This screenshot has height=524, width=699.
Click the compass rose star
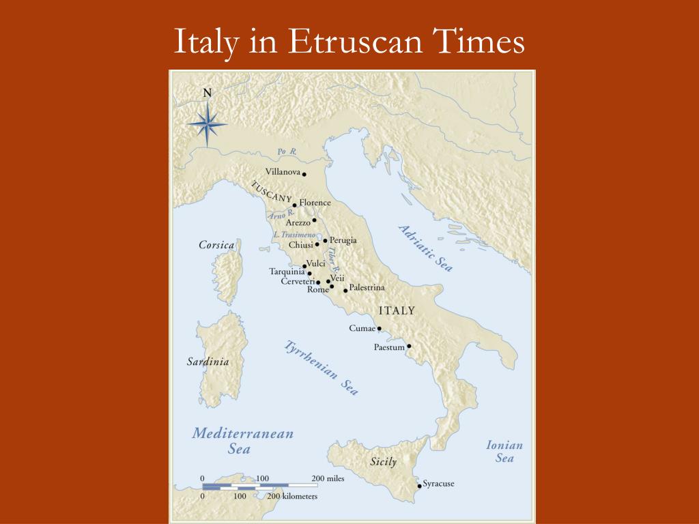point(208,123)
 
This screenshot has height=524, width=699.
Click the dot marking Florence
point(294,205)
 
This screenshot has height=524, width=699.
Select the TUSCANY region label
point(272,192)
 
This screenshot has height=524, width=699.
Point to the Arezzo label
point(298,222)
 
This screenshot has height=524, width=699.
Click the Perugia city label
point(343,240)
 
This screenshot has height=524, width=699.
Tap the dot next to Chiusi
point(317,244)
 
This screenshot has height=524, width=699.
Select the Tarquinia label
point(287,272)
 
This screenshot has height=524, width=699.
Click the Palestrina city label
point(367,288)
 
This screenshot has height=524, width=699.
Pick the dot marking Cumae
point(380,328)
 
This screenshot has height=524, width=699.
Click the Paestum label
point(389,347)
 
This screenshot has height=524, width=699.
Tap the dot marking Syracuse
point(419,486)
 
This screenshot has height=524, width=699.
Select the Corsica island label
point(216,244)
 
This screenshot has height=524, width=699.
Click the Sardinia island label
point(208,362)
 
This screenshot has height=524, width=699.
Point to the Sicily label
point(383,462)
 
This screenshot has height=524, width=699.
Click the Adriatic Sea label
point(425,248)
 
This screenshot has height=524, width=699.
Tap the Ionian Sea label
point(504,452)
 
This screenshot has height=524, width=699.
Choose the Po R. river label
point(285,151)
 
